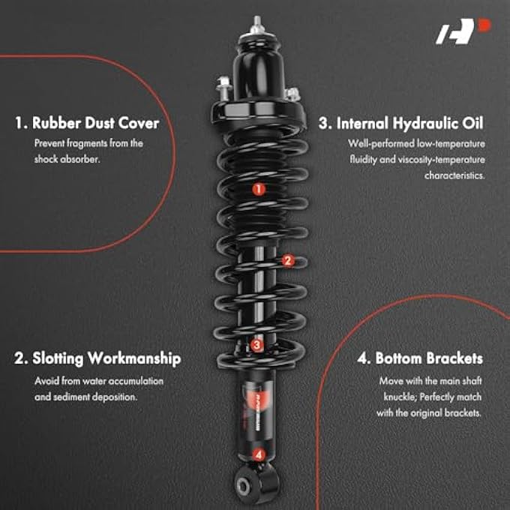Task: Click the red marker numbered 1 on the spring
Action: [x=258, y=190]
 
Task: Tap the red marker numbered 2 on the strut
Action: [x=287, y=261]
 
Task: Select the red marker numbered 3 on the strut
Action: [x=257, y=346]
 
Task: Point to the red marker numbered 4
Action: [x=259, y=454]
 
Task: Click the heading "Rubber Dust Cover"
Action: [x=86, y=122]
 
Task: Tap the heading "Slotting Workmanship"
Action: [x=97, y=358]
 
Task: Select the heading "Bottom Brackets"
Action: [x=420, y=358]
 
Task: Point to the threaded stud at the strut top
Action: [x=257, y=22]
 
